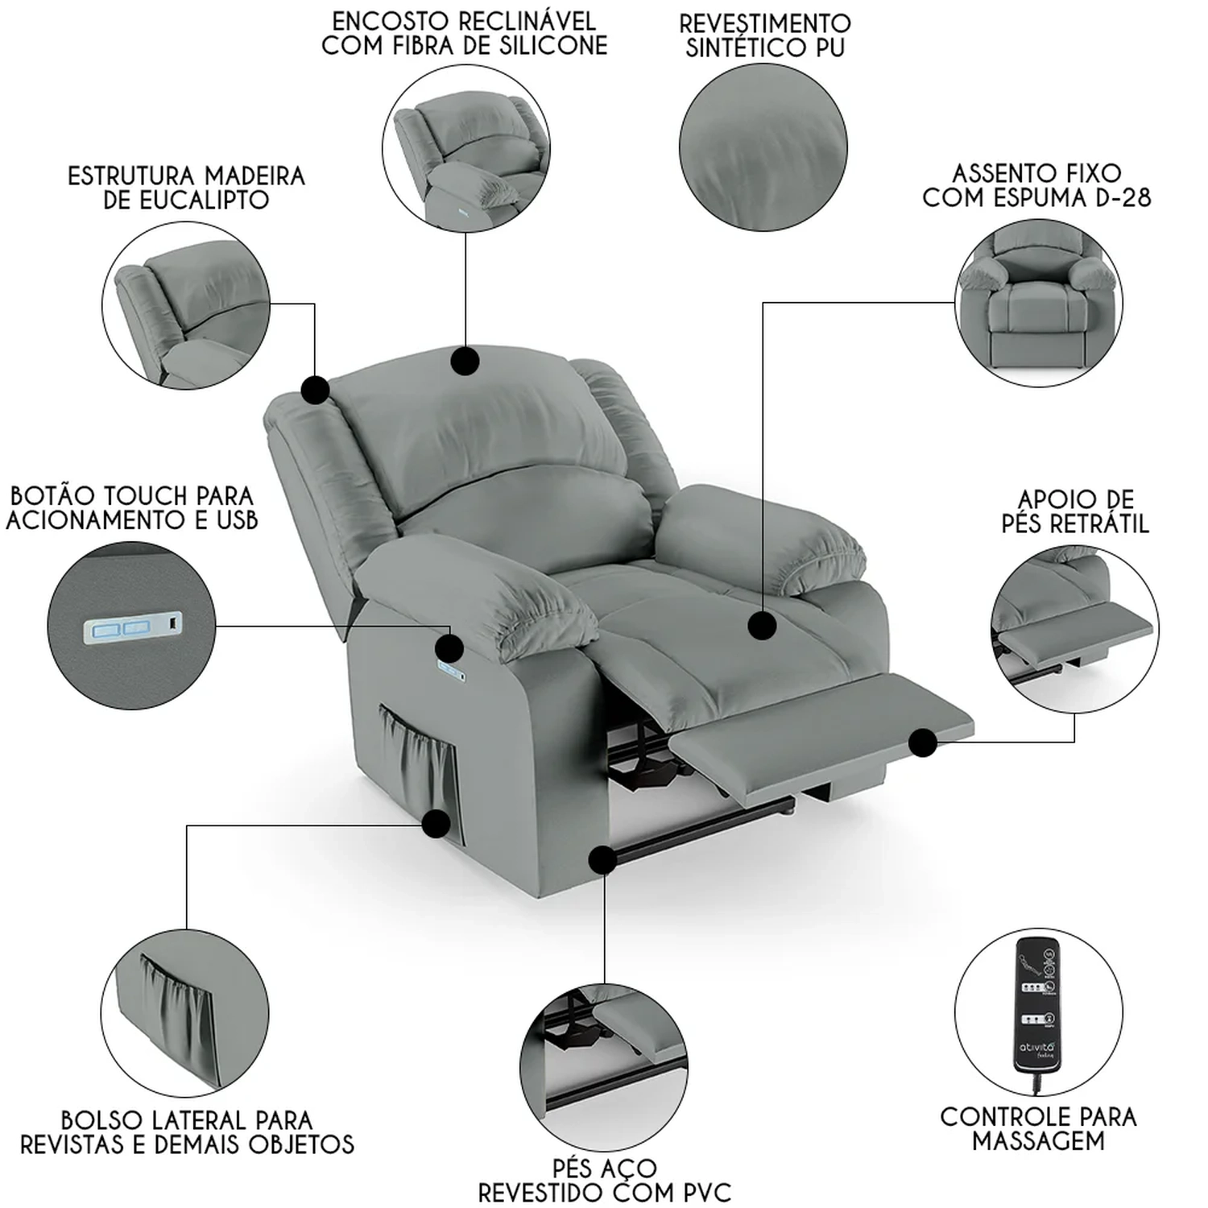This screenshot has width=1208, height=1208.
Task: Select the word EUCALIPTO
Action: (186, 201)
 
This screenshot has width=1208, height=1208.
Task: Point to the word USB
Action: (237, 520)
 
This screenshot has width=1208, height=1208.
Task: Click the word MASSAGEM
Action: (1038, 1140)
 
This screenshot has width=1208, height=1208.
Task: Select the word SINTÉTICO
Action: (740, 48)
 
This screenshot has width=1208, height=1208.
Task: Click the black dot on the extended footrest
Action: (924, 743)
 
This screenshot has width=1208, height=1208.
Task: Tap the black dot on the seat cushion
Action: (761, 626)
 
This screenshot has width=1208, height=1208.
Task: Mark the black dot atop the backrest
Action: (465, 361)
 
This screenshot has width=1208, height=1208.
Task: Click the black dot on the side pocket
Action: (436, 823)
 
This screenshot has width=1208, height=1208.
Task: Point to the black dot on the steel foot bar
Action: (602, 860)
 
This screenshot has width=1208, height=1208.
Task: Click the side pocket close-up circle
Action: (184, 1013)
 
